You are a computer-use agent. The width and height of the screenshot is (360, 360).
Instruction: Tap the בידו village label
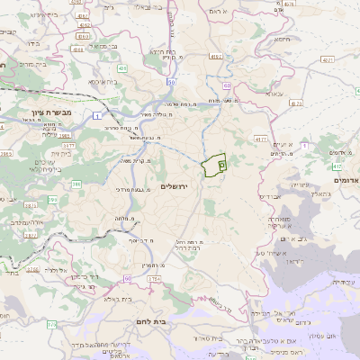coord(33,42)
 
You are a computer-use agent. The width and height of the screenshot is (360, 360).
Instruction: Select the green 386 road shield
coord(77,184)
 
